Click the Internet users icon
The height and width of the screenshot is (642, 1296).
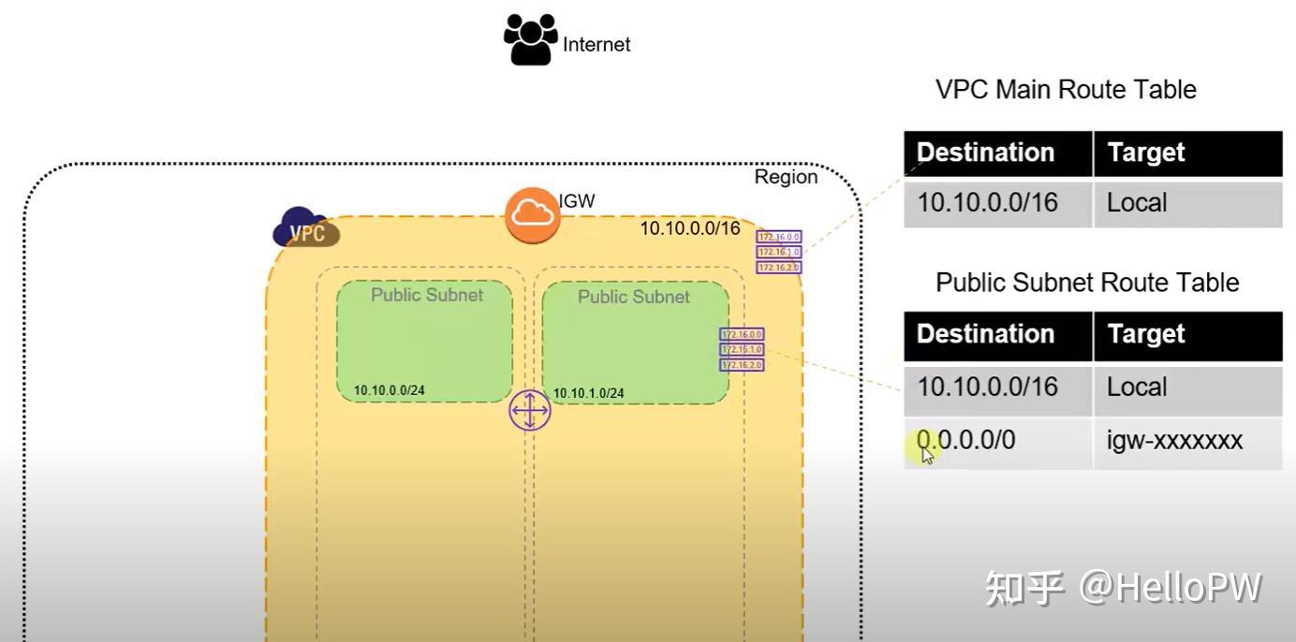530,39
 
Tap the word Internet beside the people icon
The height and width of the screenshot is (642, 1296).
596,45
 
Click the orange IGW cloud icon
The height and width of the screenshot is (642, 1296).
532,214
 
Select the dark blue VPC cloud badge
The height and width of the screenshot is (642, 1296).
305,228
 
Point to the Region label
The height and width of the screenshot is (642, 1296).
786,177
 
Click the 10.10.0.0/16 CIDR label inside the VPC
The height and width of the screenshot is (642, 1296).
689,228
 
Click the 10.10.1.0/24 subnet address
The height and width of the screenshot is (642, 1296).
588,393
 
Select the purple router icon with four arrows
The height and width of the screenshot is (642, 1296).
530,411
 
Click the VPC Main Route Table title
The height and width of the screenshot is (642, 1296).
1066,90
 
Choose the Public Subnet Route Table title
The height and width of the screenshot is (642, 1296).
1087,283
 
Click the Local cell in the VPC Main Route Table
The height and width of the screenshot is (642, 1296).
1137,203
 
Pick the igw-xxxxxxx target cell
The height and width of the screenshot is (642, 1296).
1174,441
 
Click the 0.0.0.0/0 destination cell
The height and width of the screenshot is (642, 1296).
966,441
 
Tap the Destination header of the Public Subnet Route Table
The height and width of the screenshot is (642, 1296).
985,335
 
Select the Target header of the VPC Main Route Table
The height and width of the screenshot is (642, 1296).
1146,153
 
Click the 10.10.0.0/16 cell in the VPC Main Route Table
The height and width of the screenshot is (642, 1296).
987,203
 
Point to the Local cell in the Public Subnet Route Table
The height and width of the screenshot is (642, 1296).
1137,387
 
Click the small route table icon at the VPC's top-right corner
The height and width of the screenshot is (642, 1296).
779,253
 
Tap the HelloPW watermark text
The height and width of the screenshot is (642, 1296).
1170,588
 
